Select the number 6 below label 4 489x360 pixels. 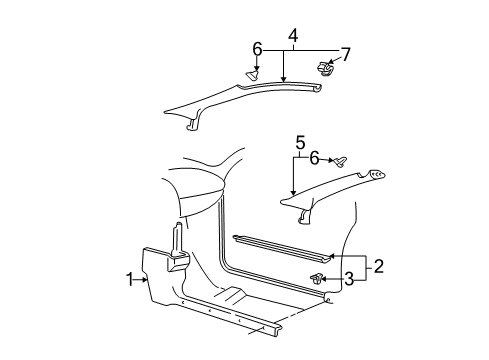point(259,49)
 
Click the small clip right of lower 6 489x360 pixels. point(341,158)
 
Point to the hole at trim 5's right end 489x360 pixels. point(377,175)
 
